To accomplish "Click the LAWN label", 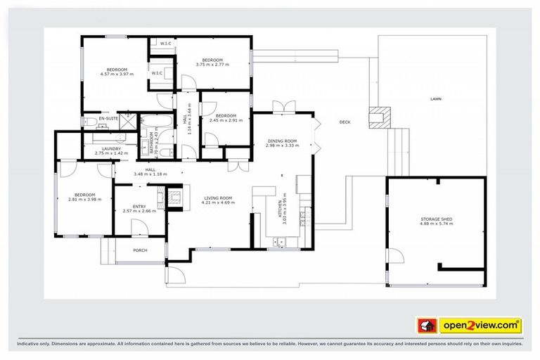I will [436, 100].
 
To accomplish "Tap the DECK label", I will [345, 122].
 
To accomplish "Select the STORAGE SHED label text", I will [436, 219].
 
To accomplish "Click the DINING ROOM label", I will [283, 141].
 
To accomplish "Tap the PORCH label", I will [141, 250].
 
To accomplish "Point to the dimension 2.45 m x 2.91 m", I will [226, 120].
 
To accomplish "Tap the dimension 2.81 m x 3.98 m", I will [84, 200].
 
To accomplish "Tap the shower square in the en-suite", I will [128, 120].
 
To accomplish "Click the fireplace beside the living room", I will [174, 196].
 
